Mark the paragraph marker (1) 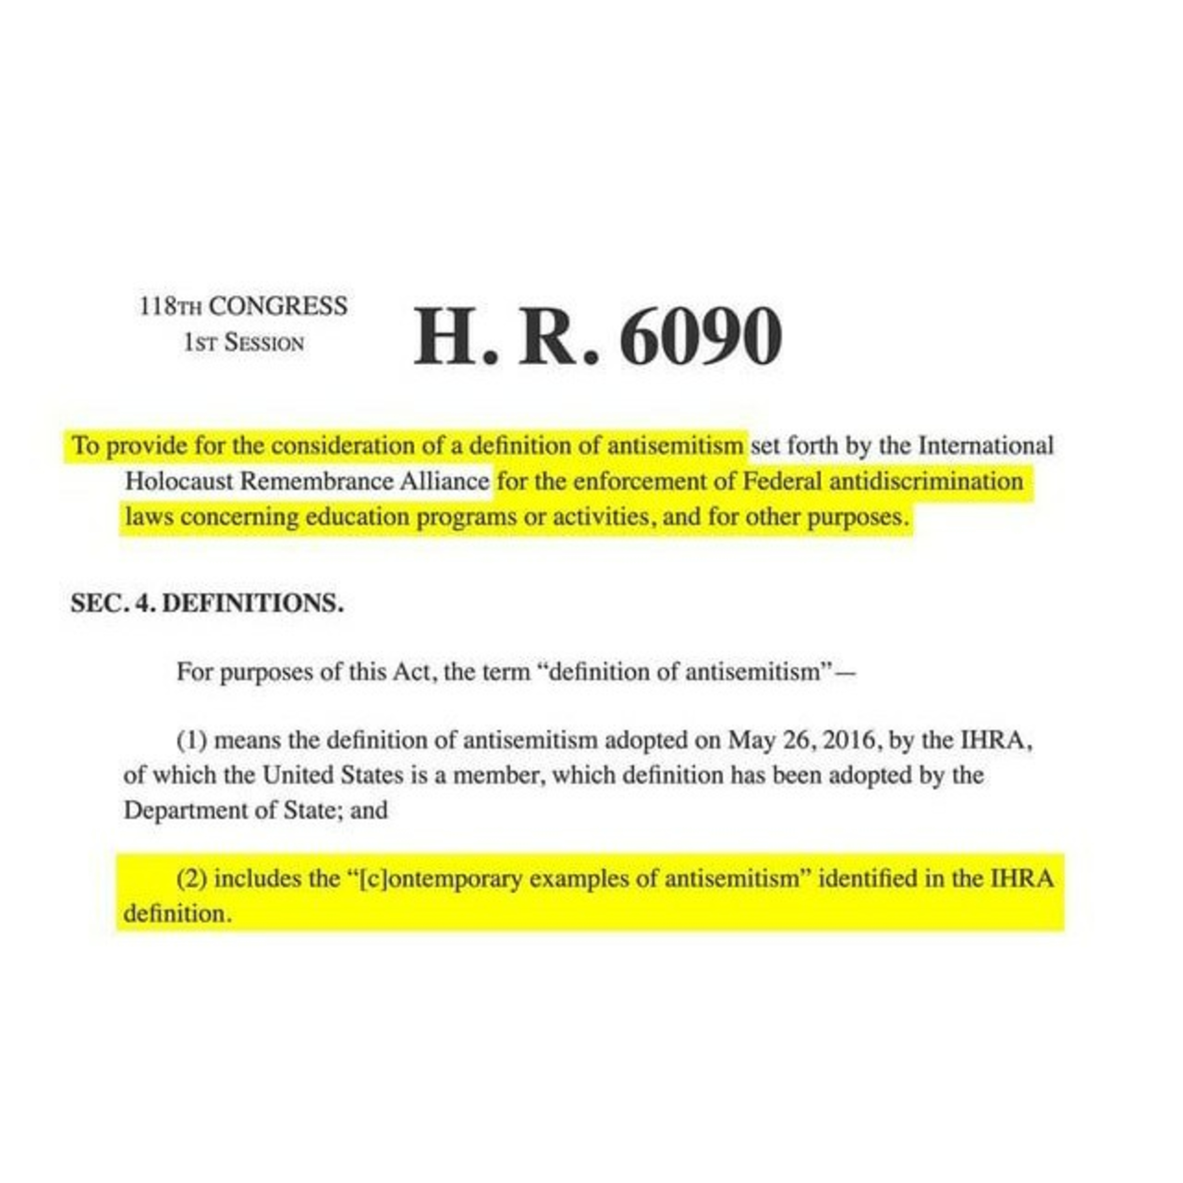pyautogui.click(x=192, y=741)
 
